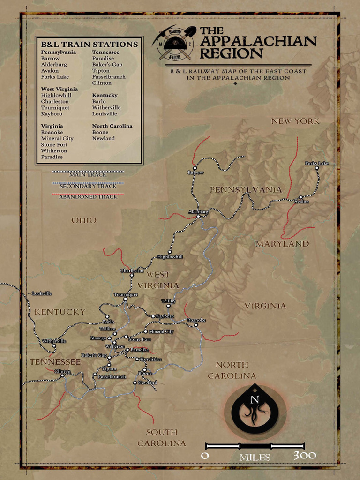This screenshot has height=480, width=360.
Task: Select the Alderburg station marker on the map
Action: point(198,216)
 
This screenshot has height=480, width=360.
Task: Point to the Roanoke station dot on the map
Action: point(196,324)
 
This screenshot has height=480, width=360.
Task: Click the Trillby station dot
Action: point(168,306)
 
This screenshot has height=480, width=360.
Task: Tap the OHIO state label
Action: point(84,220)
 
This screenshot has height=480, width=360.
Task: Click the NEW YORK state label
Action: point(295,121)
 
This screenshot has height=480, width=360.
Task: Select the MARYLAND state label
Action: point(282,244)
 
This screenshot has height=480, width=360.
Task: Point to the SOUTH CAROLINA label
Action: point(161,437)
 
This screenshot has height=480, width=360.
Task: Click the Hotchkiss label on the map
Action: point(150,359)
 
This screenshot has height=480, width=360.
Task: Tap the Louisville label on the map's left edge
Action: point(41,293)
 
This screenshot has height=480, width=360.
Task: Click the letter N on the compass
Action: point(255,400)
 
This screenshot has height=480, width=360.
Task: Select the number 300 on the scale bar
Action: point(305,455)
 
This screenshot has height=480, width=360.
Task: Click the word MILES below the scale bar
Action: point(255,457)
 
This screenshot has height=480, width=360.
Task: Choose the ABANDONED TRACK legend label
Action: point(88,197)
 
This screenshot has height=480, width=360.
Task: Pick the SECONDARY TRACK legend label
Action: point(88,186)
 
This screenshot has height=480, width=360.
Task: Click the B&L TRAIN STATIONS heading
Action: point(89,45)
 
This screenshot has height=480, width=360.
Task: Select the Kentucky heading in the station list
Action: point(105,95)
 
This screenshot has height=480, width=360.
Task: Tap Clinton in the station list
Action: point(102,83)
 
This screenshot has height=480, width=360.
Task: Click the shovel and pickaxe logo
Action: point(174,43)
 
